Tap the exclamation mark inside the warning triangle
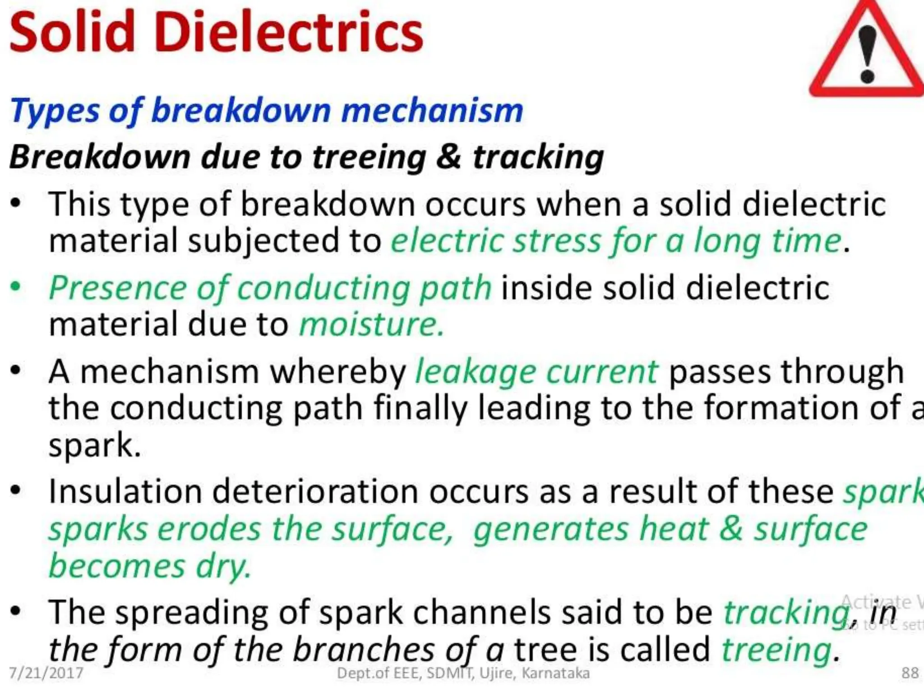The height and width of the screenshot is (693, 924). [867, 54]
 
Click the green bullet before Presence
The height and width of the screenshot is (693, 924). [16, 287]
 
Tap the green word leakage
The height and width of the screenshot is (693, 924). [475, 372]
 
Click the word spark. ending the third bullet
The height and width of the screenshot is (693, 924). [95, 445]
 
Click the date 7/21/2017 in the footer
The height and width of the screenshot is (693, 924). [46, 673]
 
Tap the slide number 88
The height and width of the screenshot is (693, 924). [910, 673]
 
